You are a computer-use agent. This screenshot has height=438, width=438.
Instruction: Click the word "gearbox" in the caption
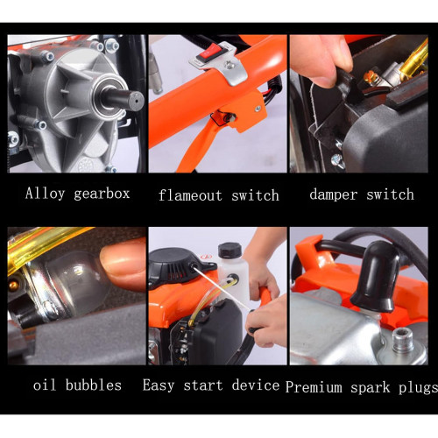coord(102,194)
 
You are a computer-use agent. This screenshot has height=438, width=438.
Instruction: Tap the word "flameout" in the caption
coord(190,195)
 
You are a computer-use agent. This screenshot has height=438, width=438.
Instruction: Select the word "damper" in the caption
coord(334,194)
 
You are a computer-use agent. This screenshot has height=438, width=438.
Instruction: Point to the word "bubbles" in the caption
coord(94,385)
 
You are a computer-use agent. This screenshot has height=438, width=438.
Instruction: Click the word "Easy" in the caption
coord(159,385)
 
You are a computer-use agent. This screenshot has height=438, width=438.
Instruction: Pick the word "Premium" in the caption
coord(314,387)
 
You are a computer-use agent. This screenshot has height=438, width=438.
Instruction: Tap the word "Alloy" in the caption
coord(45,194)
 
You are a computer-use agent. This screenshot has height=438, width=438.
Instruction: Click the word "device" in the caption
coord(256,385)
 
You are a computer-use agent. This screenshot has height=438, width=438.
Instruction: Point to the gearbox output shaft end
coord(136,101)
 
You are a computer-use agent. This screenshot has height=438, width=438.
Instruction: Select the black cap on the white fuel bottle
coord(230,250)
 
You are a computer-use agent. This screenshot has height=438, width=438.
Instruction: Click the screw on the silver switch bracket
coord(230,65)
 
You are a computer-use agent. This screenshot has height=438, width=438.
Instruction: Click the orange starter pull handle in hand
coord(265,295)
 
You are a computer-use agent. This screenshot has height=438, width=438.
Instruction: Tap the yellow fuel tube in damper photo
coord(414,60)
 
